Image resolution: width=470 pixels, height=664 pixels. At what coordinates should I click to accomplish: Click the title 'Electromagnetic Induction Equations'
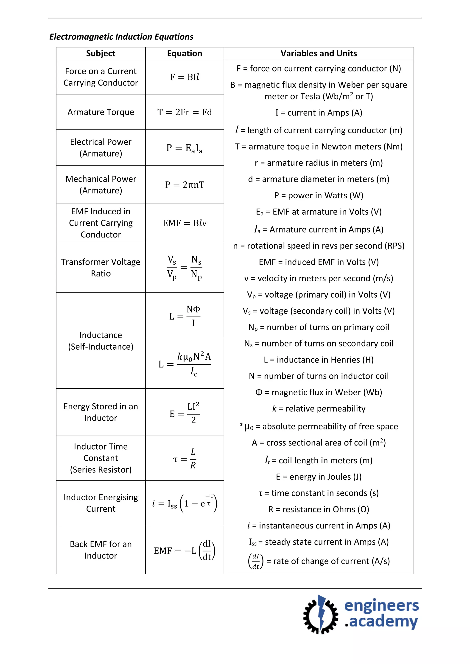click(x=121, y=37)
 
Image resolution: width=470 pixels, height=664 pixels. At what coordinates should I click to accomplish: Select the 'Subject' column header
click(x=101, y=53)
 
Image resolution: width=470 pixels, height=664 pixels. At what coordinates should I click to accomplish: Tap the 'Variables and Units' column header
click(x=319, y=53)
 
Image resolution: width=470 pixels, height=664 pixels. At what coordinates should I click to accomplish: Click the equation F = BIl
click(x=185, y=77)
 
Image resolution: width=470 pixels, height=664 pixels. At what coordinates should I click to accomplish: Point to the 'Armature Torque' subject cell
click(x=101, y=112)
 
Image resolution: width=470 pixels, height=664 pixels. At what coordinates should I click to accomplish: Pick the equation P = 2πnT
click(x=185, y=185)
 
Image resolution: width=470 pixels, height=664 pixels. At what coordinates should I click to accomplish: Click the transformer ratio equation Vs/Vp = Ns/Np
click(x=185, y=267)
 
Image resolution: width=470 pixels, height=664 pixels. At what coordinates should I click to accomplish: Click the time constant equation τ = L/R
click(x=185, y=458)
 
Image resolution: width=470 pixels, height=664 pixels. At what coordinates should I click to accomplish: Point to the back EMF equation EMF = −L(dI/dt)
click(x=185, y=550)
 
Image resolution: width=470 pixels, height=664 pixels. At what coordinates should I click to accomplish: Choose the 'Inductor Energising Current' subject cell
click(x=101, y=503)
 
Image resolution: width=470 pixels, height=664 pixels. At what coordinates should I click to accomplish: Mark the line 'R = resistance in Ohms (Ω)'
click(x=319, y=509)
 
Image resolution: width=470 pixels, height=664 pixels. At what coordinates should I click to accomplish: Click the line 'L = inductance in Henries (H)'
click(x=319, y=360)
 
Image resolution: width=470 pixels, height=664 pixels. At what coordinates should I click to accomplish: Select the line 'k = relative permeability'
click(x=319, y=408)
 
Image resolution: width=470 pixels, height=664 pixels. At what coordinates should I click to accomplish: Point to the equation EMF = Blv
click(x=185, y=223)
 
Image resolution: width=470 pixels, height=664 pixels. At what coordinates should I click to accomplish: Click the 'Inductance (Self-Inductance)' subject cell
click(x=101, y=341)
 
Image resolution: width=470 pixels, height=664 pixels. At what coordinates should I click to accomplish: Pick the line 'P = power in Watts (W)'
click(x=319, y=196)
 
